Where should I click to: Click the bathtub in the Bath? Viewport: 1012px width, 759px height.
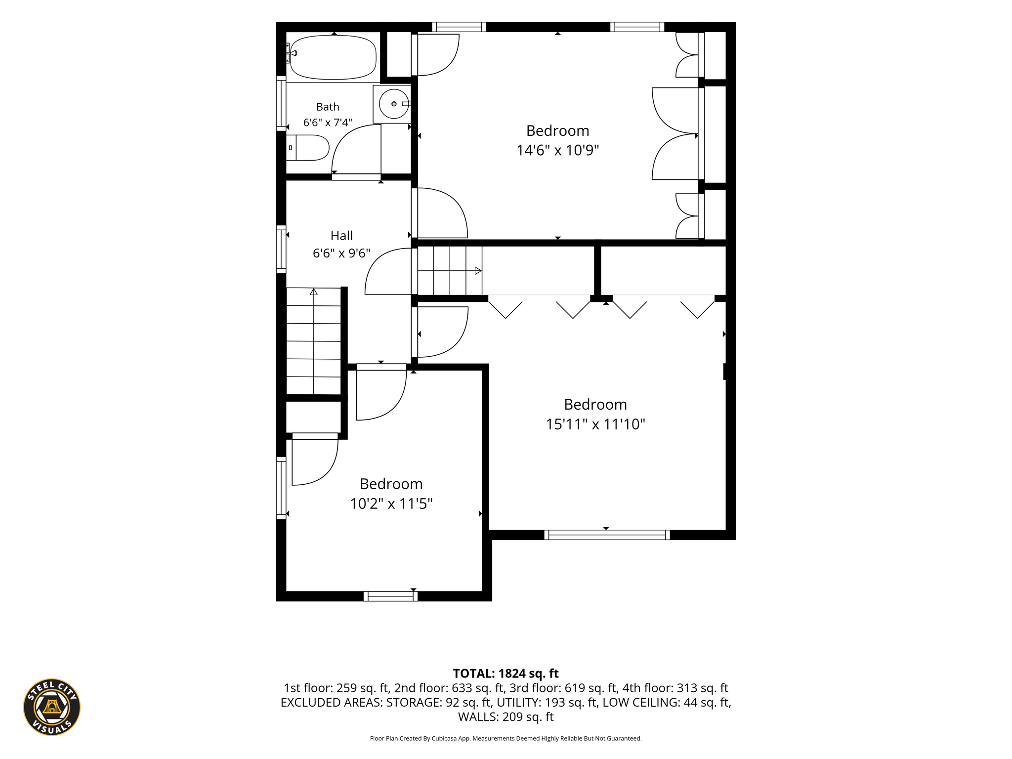[x=333, y=57]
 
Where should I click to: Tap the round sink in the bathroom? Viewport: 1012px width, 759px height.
[x=394, y=104]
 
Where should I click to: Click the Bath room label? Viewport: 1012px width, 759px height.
[x=328, y=107]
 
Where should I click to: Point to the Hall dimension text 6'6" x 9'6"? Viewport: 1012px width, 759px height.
[x=341, y=253]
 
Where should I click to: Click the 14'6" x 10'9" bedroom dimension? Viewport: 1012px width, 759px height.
[x=558, y=150]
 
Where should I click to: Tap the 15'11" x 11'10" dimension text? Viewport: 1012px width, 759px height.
[x=595, y=424]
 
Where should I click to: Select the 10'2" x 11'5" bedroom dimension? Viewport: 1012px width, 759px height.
[x=391, y=504]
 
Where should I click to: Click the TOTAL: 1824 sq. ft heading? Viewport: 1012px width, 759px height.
[x=506, y=674]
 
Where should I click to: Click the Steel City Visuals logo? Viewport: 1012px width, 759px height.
[x=52, y=707]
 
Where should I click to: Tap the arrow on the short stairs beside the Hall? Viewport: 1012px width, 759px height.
[x=450, y=271]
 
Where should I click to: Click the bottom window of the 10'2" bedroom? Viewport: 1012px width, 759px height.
[x=390, y=596]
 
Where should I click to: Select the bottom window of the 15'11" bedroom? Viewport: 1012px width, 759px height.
[x=607, y=535]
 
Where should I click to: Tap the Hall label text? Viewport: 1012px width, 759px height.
[x=341, y=236]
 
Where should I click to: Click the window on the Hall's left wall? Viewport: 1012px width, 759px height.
[x=281, y=249]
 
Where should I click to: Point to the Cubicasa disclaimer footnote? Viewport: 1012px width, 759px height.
[x=506, y=739]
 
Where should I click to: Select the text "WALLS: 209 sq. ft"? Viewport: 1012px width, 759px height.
[x=506, y=717]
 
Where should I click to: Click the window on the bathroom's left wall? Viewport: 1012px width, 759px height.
[x=281, y=104]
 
